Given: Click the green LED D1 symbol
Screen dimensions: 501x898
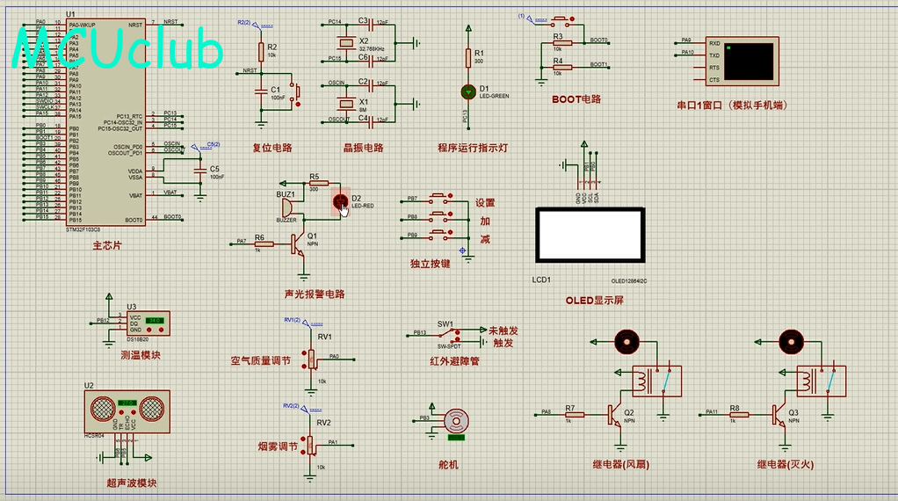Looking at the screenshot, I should pyautogui.click(x=467, y=91).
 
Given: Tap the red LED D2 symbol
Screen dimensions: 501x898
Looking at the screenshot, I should pyautogui.click(x=341, y=203).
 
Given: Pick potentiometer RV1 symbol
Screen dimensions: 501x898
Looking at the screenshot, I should pyautogui.click(x=309, y=359).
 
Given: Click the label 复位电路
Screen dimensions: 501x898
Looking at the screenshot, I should pyautogui.click(x=272, y=148).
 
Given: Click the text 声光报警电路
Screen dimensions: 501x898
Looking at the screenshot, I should pyautogui.click(x=315, y=294).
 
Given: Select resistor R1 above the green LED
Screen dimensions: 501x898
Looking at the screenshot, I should pyautogui.click(x=467, y=59).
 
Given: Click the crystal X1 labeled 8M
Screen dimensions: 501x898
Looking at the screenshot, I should pyautogui.click(x=340, y=102).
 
